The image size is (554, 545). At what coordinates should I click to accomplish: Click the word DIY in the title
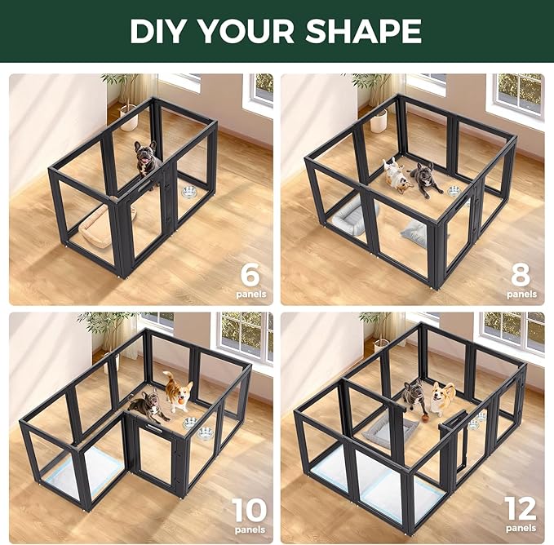(x=162, y=31)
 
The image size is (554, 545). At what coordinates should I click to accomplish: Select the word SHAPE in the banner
(x=367, y=31)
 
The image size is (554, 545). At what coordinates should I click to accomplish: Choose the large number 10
(x=249, y=512)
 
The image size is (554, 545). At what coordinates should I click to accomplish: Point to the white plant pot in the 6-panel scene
(x=129, y=120)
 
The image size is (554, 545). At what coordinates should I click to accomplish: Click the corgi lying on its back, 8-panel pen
(x=397, y=176)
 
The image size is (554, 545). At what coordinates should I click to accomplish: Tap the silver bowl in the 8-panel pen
(x=454, y=191)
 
